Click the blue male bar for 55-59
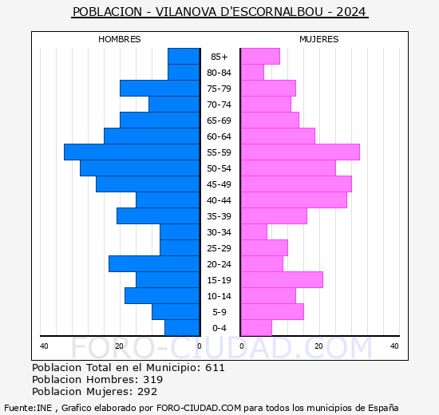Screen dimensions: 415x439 132,152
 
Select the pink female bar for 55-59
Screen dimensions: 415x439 300,152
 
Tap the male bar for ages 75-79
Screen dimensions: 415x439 160,88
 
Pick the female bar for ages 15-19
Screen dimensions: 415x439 282,279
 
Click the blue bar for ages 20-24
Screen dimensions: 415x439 154,263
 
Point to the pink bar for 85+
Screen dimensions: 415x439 260,56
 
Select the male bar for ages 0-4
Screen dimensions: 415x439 182,327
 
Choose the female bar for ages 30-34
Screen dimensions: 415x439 254,231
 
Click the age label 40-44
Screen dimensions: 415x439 219,200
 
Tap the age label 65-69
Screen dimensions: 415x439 219,121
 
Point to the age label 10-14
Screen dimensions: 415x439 219,296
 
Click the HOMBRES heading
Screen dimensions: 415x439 120,39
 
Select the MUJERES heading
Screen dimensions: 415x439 319,39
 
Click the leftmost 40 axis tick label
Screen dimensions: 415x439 45,346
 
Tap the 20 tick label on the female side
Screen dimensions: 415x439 318,346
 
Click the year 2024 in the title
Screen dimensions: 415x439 352,12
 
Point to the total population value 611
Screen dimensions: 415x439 215,368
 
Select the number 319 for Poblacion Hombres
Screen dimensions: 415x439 152,380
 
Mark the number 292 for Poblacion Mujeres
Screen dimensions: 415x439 148,392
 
